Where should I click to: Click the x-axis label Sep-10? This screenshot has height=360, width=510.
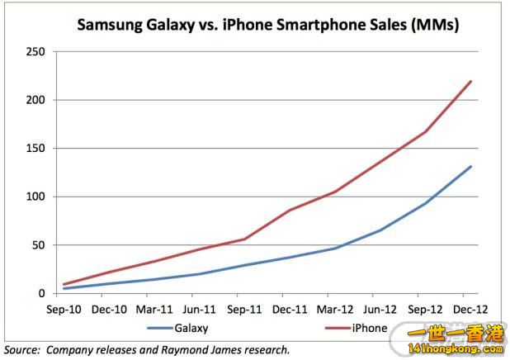tap(64, 310)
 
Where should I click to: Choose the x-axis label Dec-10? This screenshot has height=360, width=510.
tap(108, 310)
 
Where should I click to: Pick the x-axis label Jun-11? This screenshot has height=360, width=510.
tap(197, 310)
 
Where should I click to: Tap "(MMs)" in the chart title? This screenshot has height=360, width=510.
tap(436, 25)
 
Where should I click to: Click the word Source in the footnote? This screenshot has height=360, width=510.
tap(22, 350)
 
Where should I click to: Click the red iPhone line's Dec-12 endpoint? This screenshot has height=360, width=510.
tap(470, 81)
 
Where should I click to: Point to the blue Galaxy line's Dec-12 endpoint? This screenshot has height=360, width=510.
tap(470, 167)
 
